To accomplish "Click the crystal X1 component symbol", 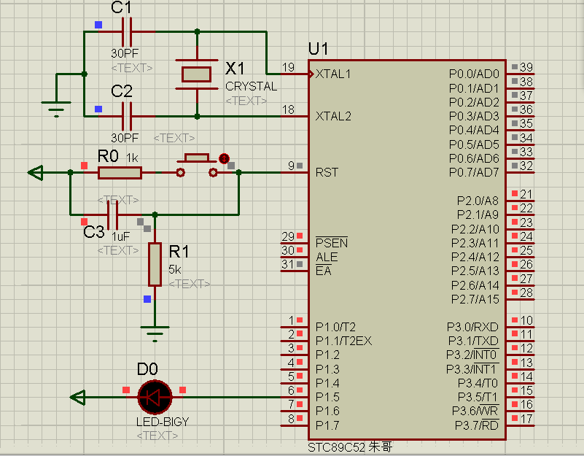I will click(196, 74).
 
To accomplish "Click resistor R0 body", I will click(120, 172).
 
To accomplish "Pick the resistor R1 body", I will click(155, 264).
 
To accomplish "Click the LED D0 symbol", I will click(155, 397).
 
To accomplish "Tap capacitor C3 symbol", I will click(112, 215).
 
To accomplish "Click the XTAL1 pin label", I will click(333, 74).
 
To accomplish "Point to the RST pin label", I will click(327, 173).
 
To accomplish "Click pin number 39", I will click(526, 68).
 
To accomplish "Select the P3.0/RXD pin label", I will click(473, 327).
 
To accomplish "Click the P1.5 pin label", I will click(327, 397).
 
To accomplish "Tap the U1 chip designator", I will click(319, 49).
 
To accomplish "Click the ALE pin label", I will click(327, 257).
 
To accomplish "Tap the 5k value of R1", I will click(175, 268).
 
